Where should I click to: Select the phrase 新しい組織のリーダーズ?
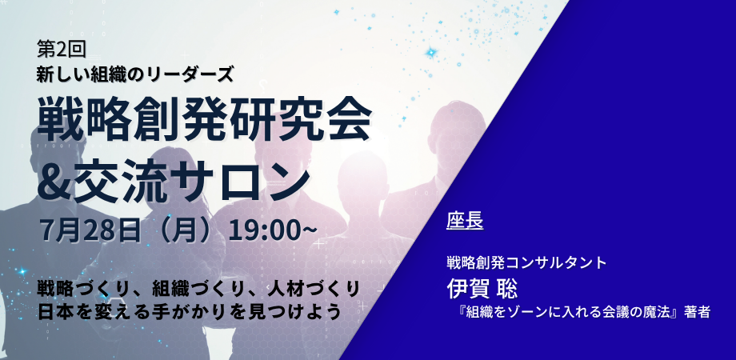pos(134,74)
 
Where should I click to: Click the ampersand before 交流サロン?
pos(54,178)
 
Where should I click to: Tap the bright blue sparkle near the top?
pos(431,53)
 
